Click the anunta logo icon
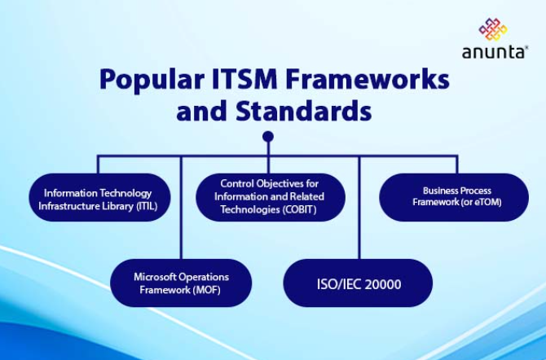click(x=493, y=29)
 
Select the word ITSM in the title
click(x=236, y=81)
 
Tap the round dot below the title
click(x=268, y=136)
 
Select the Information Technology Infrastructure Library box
click(x=99, y=199)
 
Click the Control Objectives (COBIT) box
click(x=269, y=197)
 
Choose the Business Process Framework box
click(x=454, y=197)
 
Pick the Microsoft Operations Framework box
click(x=181, y=283)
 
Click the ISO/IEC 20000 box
click(x=358, y=283)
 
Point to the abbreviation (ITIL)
click(x=140, y=206)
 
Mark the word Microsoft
click(x=153, y=277)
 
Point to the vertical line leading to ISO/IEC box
click(x=359, y=212)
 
